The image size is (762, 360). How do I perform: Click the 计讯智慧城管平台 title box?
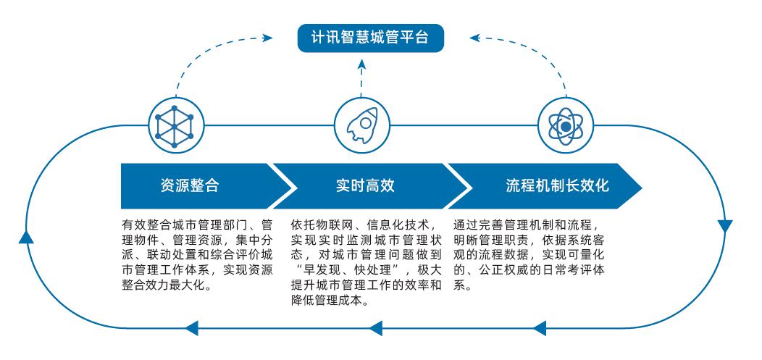coord(370,37)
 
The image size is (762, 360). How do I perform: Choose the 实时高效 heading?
coord(365,185)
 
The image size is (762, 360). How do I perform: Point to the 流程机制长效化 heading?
coord(557,185)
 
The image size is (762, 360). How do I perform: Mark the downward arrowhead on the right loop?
coord(725,226)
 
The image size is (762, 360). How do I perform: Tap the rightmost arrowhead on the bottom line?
coord(539,328)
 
